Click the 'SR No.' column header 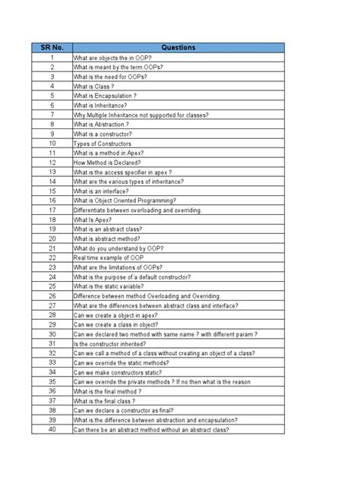[52, 47]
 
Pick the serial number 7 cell [52, 115]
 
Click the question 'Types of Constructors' [103, 144]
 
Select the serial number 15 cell [52, 191]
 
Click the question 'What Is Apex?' [96, 219]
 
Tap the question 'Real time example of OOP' [109, 257]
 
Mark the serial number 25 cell [52, 286]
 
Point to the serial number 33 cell [52, 362]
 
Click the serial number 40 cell [52, 430]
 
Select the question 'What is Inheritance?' [102, 106]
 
